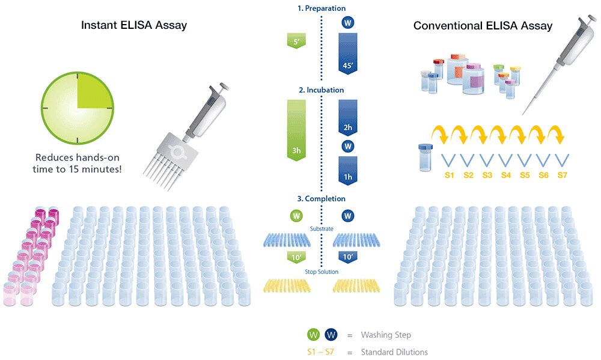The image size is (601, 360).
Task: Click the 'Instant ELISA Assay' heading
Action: pos(134,25)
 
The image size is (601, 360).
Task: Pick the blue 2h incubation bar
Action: pos(347,118)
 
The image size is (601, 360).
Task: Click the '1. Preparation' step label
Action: pos(322,8)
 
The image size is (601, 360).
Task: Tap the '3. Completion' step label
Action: pos(322,198)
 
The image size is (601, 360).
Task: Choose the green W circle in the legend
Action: pos(313,335)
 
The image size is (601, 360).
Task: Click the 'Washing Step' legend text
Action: pos(386,335)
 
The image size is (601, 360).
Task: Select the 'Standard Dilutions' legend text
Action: pos(394,352)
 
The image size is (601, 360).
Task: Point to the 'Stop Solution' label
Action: pos(322,272)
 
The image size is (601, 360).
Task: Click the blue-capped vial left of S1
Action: pos(425,157)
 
